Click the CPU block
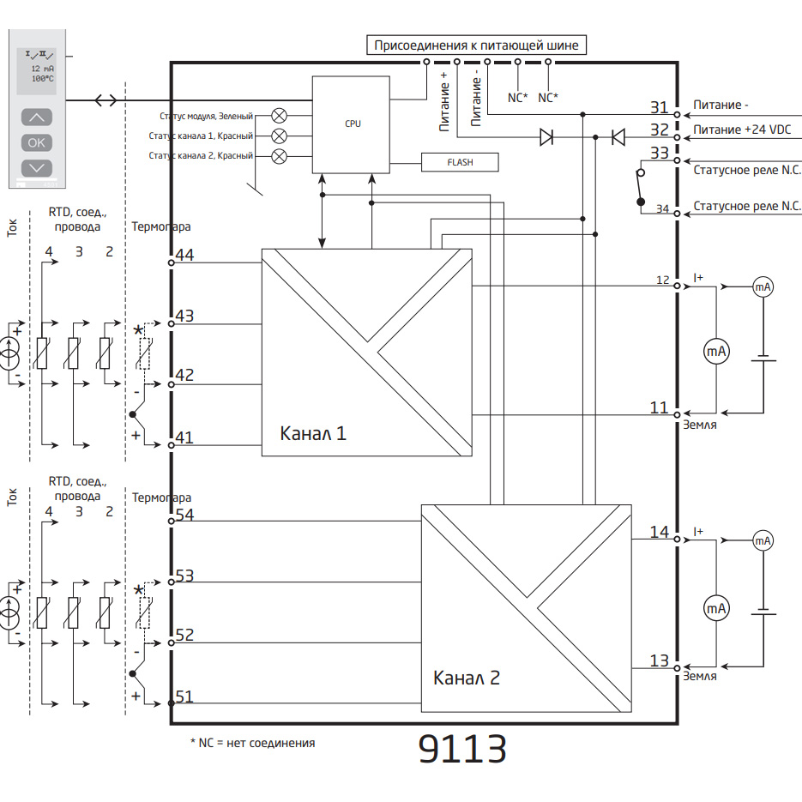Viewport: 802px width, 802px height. pyautogui.click(x=353, y=124)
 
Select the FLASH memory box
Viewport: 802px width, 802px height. pyautogui.click(x=460, y=161)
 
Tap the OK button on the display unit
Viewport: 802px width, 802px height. pyautogui.click(x=36, y=142)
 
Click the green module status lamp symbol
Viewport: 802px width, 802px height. pyautogui.click(x=279, y=116)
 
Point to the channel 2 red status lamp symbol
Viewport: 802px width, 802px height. pyautogui.click(x=279, y=155)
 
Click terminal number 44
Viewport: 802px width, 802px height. pyautogui.click(x=184, y=256)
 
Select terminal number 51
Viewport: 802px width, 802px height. pyautogui.click(x=184, y=696)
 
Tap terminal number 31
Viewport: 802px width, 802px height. pyautogui.click(x=659, y=107)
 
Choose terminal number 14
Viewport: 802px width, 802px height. pyautogui.click(x=659, y=532)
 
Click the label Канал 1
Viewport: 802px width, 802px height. pyautogui.click(x=313, y=433)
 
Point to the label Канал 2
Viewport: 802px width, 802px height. pyautogui.click(x=467, y=678)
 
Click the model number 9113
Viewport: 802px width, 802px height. pyautogui.click(x=462, y=749)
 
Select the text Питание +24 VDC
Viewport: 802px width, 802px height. pyautogui.click(x=742, y=130)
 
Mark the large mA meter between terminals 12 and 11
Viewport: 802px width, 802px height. pyautogui.click(x=716, y=351)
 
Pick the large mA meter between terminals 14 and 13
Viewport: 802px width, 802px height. pyautogui.click(x=716, y=608)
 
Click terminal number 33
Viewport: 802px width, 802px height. pyautogui.click(x=659, y=154)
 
